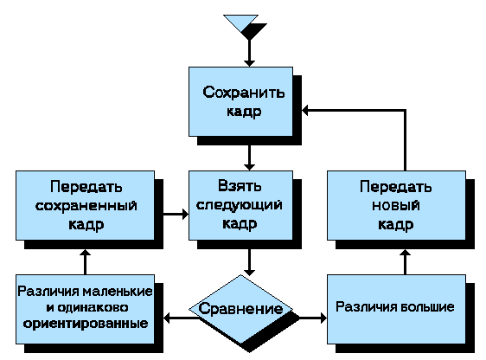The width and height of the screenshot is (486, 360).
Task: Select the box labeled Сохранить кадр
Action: pos(240,101)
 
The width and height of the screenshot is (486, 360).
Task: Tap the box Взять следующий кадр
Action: pos(240,205)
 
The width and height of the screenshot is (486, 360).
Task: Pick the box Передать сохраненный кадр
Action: pos(86,205)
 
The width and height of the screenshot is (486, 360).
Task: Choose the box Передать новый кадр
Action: pos(396,205)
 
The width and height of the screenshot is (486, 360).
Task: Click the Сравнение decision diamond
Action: pos(240,309)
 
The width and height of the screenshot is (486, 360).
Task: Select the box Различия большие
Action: pos(396,309)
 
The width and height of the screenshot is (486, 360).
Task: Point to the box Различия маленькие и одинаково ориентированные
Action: pos(86,309)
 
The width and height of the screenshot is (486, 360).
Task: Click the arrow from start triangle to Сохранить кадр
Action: pos(250,53)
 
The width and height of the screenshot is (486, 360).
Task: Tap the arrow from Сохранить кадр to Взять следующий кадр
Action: pos(250,157)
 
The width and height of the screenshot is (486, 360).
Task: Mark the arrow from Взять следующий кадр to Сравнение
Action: pos(250,262)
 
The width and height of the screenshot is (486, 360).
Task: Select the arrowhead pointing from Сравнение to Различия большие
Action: pos(323,318)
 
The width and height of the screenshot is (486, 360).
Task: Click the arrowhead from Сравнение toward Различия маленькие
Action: pos(167,318)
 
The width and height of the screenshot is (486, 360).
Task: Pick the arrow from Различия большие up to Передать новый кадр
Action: pos(405,261)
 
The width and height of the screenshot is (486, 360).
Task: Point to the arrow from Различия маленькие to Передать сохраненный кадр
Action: pos(86,261)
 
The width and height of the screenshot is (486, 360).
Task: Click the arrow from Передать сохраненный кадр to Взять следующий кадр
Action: pos(176,214)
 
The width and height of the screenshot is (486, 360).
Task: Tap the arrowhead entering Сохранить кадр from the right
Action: pos(305,111)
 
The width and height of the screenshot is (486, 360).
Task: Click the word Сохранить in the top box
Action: pos(243,92)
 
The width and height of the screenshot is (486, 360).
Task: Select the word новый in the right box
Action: pos(396,206)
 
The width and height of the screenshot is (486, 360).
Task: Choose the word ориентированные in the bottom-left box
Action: pos(86,324)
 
